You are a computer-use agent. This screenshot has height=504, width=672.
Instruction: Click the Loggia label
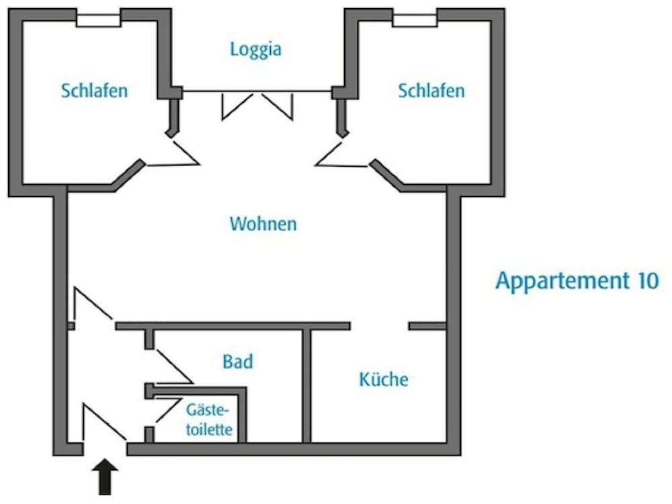[x=255, y=49]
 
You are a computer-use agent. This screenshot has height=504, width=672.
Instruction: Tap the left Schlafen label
[x=94, y=91]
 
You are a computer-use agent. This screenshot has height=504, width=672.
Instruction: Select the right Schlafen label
[x=431, y=91]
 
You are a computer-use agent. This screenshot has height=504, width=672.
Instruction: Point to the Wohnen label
[x=263, y=224]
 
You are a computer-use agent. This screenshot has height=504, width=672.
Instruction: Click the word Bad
[x=238, y=362]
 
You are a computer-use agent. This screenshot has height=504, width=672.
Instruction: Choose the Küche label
[x=384, y=380]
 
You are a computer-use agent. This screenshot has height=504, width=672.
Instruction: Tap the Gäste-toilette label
[x=209, y=419]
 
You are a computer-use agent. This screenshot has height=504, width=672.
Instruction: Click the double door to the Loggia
[x=257, y=105]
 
